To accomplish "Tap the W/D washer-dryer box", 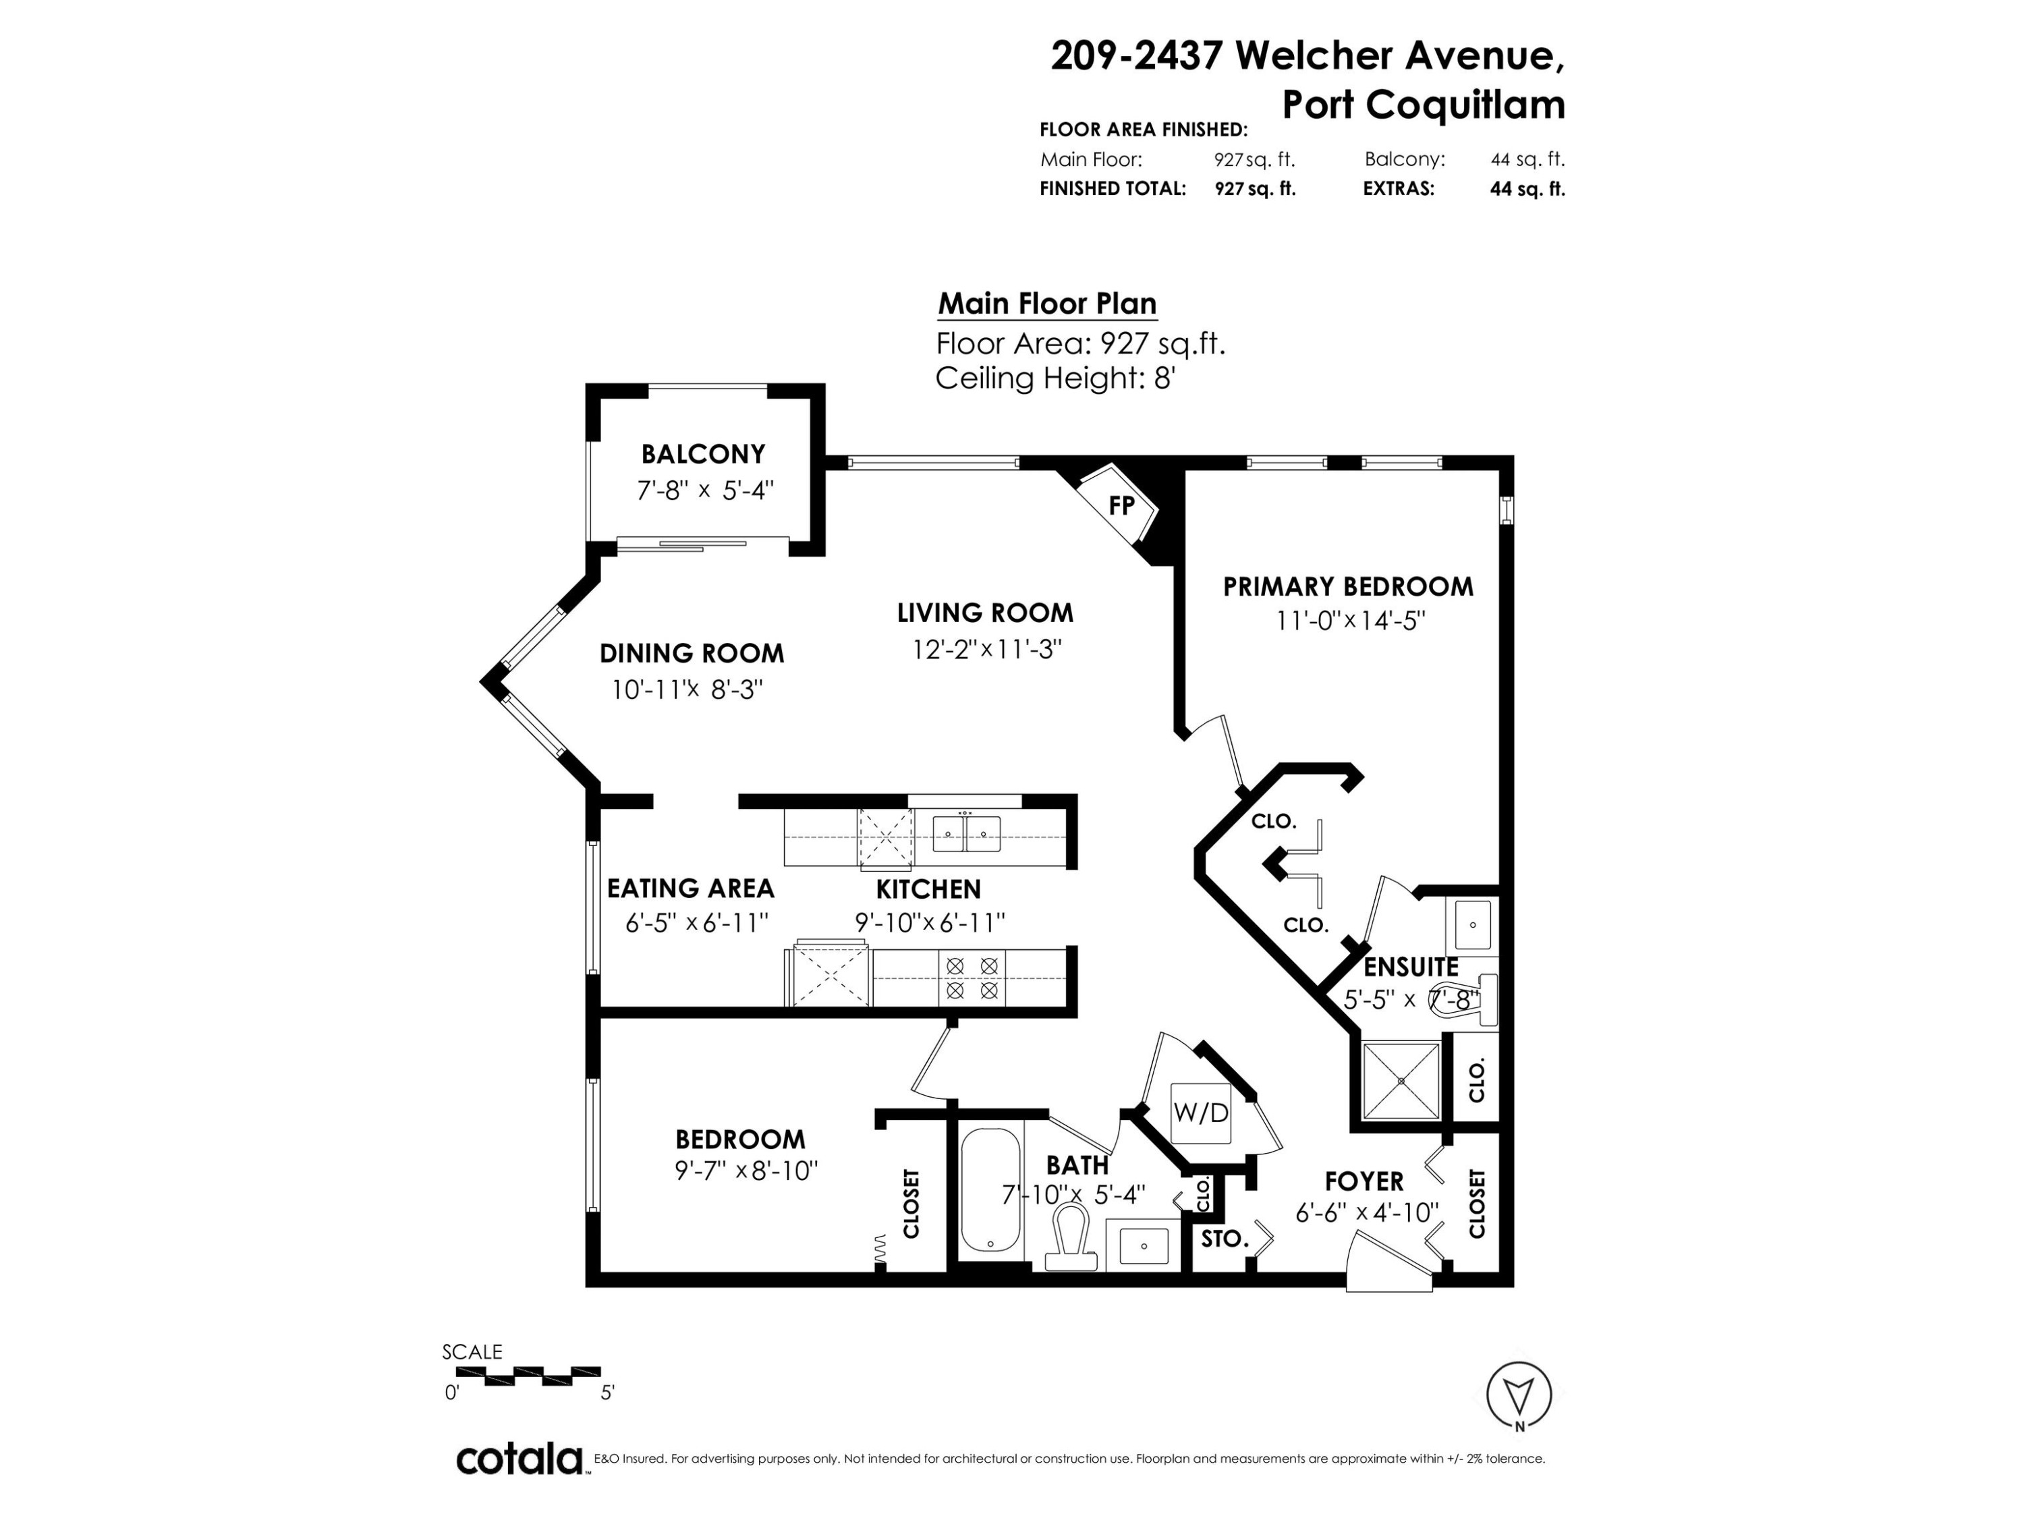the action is click(x=1202, y=1113).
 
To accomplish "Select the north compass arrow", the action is click(x=1519, y=1395).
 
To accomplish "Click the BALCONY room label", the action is click(x=703, y=454).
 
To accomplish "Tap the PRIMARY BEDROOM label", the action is click(x=1348, y=586).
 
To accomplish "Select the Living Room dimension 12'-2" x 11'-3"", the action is click(x=986, y=650).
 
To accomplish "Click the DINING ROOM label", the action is click(x=692, y=653).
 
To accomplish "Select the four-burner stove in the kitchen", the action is click(x=972, y=977).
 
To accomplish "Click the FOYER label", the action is click(x=1364, y=1181).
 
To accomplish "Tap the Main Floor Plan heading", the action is click(x=1048, y=303).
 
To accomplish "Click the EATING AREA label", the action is click(x=691, y=889).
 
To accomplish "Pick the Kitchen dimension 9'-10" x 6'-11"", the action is click(x=930, y=922).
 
